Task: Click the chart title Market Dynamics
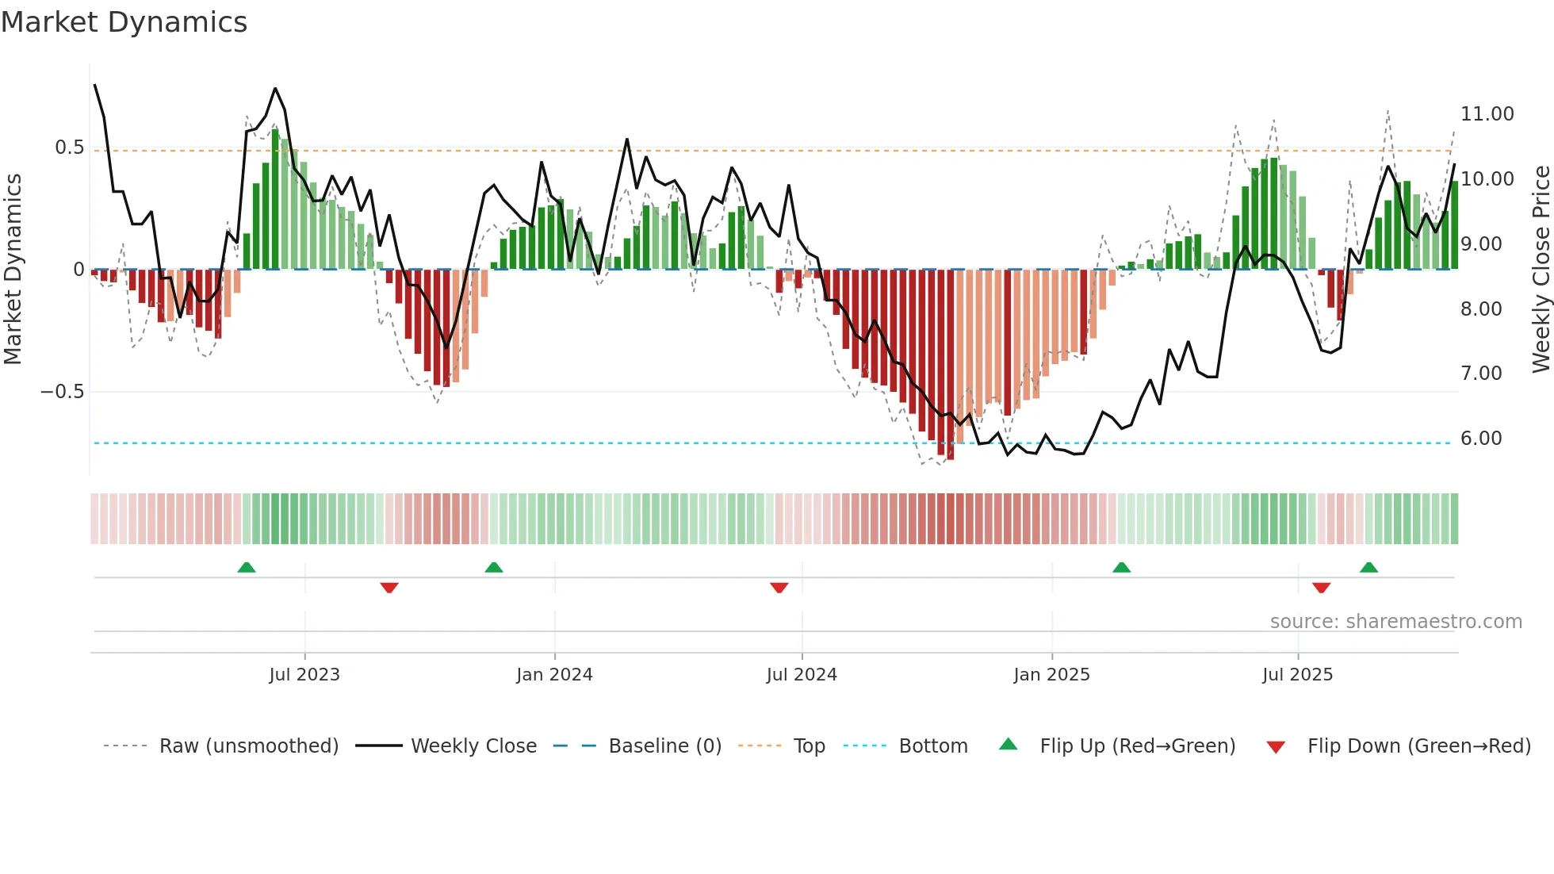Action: pyautogui.click(x=124, y=22)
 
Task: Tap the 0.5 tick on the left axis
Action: pyautogui.click(x=69, y=148)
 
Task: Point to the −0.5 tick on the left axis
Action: pyautogui.click(x=62, y=392)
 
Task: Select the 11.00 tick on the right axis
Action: pyautogui.click(x=1487, y=114)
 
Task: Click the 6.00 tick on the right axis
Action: pyautogui.click(x=1480, y=439)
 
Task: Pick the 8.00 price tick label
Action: pyautogui.click(x=1480, y=309)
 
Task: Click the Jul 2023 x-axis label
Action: pyautogui.click(x=304, y=675)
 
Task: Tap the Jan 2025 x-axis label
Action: pyautogui.click(x=1051, y=675)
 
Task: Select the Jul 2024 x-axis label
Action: pyautogui.click(x=801, y=675)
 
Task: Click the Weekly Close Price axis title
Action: pyautogui.click(x=1541, y=270)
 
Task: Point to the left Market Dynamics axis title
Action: pyautogui.click(x=13, y=270)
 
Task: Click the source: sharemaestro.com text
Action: pyautogui.click(x=1395, y=622)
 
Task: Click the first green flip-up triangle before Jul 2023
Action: pyautogui.click(x=247, y=568)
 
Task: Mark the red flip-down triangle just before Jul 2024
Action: pyautogui.click(x=779, y=588)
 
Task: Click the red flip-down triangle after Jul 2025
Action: pyautogui.click(x=1321, y=588)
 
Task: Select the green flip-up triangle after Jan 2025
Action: pyautogui.click(x=1121, y=568)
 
